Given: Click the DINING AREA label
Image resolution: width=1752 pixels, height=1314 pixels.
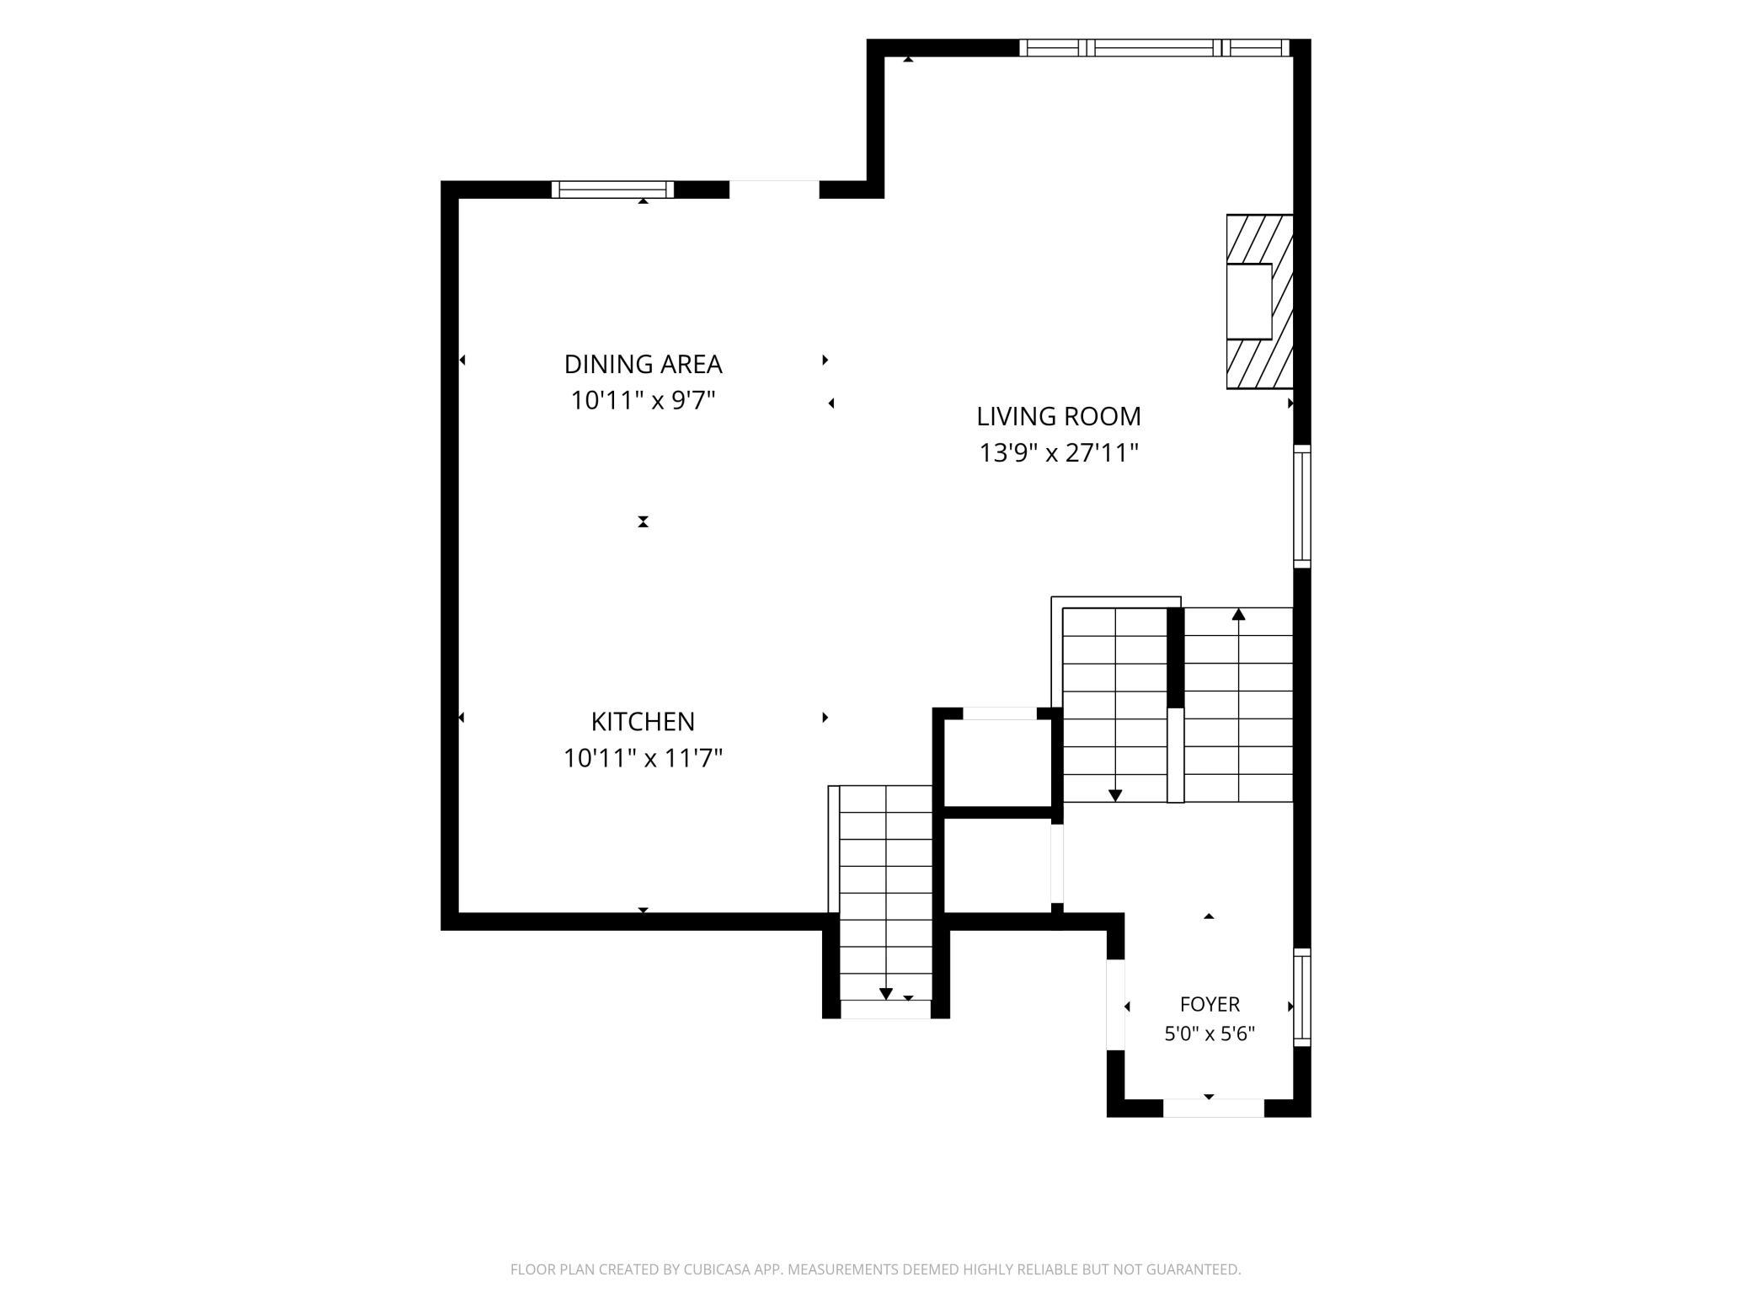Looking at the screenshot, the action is click(x=643, y=364).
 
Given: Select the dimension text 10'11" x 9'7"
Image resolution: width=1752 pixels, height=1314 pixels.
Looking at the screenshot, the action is click(x=643, y=400).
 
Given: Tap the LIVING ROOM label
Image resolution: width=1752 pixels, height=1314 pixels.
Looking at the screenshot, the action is click(x=1059, y=416).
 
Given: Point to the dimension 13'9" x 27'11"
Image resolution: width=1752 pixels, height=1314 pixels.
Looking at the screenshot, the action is click(x=1059, y=453).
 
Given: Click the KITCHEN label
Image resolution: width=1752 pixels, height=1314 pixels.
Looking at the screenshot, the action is click(x=643, y=722).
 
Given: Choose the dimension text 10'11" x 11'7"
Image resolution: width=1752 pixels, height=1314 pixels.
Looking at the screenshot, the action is click(x=643, y=759).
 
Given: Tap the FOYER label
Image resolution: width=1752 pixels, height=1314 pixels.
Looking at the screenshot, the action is click(x=1210, y=1004).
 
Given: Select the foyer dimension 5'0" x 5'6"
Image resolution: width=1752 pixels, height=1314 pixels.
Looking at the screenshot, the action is click(x=1210, y=1034).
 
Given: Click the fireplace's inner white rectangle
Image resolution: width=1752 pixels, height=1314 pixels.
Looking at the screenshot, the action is click(x=1248, y=302).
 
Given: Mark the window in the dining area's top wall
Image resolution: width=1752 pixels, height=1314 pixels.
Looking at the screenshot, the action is click(x=612, y=190).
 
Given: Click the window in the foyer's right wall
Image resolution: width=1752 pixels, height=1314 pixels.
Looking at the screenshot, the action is click(x=1302, y=997).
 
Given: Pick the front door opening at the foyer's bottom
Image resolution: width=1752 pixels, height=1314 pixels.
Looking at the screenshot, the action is click(x=1214, y=1108).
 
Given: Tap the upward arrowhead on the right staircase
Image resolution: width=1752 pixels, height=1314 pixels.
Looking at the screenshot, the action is click(x=1238, y=614).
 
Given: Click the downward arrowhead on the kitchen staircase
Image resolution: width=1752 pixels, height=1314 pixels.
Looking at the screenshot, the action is click(x=885, y=994).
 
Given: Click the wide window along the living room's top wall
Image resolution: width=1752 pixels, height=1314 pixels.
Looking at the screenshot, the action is click(x=1155, y=48).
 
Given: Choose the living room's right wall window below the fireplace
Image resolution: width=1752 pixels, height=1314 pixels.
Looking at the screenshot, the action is click(x=1302, y=506).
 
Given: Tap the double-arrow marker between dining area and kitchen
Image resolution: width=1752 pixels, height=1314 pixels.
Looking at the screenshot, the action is click(x=643, y=521).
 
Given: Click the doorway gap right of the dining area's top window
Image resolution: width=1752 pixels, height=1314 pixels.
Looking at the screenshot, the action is click(x=774, y=190).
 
